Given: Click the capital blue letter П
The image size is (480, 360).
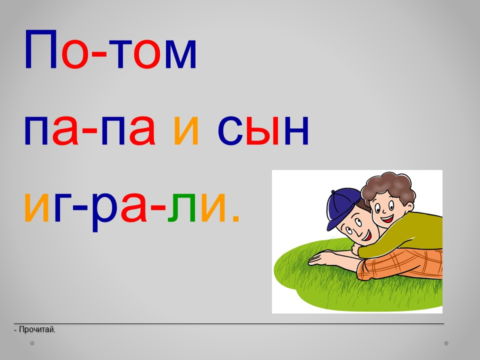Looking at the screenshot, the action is (x=41, y=49).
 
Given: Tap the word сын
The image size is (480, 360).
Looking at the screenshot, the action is (x=263, y=130).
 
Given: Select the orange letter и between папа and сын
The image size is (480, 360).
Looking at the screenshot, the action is (x=186, y=130).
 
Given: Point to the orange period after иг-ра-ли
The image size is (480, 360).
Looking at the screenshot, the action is (x=235, y=217).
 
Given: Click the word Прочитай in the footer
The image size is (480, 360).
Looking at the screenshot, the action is (x=36, y=329).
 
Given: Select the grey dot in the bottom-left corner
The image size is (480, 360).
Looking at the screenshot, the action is (x=32, y=343).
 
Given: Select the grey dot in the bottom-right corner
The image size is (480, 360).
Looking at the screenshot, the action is (x=446, y=343).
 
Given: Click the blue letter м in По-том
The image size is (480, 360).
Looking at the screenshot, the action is (x=180, y=54).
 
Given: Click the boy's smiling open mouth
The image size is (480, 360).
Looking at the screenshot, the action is (x=387, y=218).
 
